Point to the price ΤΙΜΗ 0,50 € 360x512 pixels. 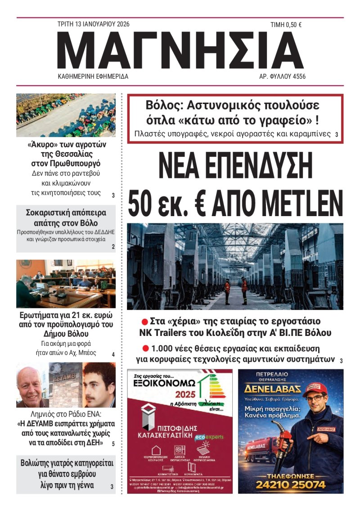pos(286,25)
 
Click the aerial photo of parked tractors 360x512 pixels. pos(66,115)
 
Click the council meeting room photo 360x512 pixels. pos(66,284)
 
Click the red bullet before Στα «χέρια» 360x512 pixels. pos(145,322)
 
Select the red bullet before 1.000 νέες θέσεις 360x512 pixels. pos(145,348)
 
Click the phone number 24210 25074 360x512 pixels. pos(290,485)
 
